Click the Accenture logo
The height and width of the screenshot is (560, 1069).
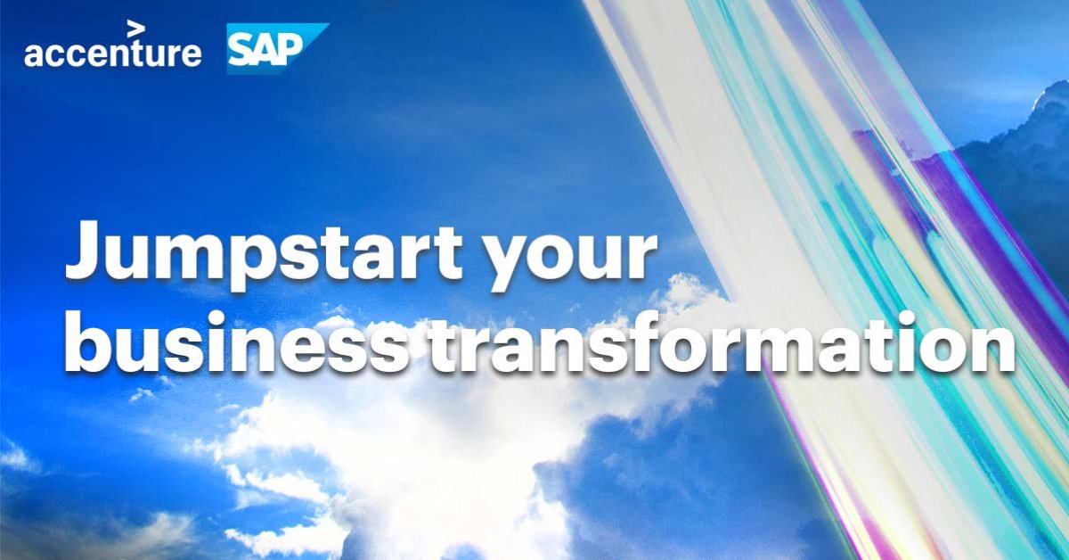pos(112,51)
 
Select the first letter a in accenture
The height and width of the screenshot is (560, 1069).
pos(34,54)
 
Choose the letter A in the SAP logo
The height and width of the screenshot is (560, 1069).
pos(268,51)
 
